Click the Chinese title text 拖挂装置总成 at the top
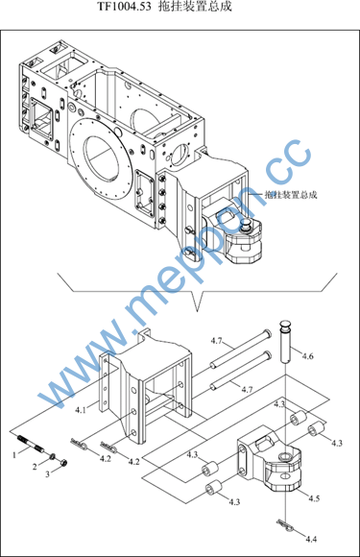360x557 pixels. point(195,6)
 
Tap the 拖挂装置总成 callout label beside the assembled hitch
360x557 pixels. point(291,194)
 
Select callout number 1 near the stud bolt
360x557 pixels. point(14,454)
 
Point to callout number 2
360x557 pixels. point(35,467)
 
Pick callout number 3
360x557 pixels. point(47,474)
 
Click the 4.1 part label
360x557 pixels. point(81,410)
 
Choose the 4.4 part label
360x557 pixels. point(311,540)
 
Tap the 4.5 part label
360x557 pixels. point(314,498)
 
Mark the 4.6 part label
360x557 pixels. point(307,356)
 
